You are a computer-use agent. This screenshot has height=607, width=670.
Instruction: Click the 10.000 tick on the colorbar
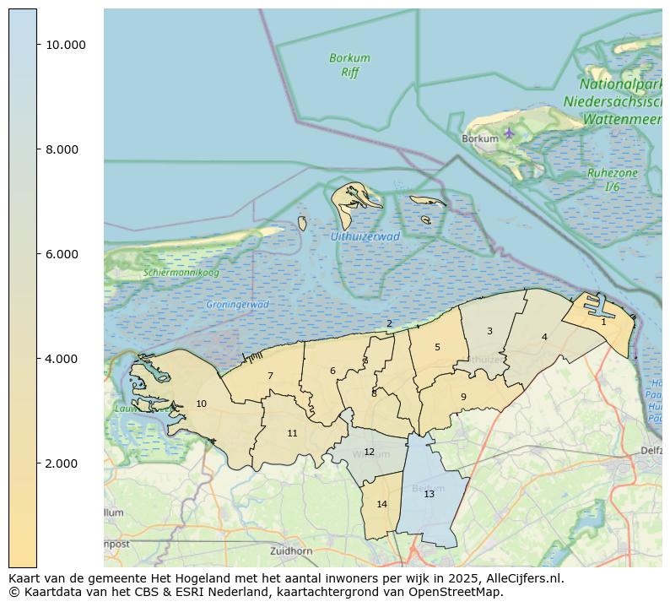[x=66, y=45]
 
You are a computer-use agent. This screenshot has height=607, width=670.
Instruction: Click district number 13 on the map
[x=429, y=494]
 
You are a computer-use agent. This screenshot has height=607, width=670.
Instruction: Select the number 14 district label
[x=381, y=504]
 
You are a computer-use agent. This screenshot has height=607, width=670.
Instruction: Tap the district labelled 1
[x=603, y=322]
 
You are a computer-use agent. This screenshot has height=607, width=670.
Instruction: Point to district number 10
[x=201, y=404]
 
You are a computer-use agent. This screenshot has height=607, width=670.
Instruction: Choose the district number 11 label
[x=292, y=433]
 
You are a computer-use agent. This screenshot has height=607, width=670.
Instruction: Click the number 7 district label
[x=270, y=376]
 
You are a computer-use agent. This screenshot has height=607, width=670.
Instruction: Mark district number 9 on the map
[x=463, y=397]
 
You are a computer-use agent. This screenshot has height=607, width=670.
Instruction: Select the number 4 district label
[x=544, y=337]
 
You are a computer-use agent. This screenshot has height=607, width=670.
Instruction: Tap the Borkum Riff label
[x=349, y=65]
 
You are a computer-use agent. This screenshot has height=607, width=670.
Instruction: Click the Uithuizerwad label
[x=365, y=237]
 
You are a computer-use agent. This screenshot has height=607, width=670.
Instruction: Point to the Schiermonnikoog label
[x=181, y=273]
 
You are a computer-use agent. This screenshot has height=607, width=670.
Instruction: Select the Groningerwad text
[x=237, y=305]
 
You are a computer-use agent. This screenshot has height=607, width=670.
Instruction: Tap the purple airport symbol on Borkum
[x=509, y=133]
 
